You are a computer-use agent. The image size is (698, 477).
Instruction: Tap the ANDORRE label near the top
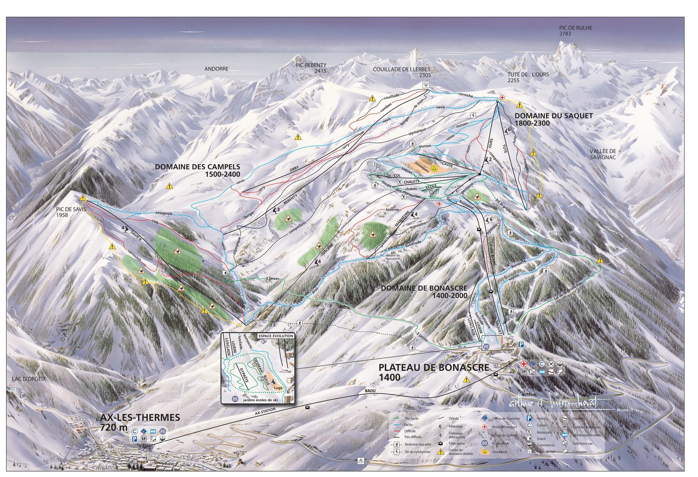[216, 69]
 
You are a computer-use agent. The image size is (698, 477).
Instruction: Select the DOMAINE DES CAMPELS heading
[198, 171]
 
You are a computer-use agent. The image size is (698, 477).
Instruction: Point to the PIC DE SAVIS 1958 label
[68, 212]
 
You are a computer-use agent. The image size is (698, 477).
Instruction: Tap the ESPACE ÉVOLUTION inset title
[275, 336]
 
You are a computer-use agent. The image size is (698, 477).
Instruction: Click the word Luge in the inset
[278, 388]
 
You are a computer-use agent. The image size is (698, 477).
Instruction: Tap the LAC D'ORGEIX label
[28, 378]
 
